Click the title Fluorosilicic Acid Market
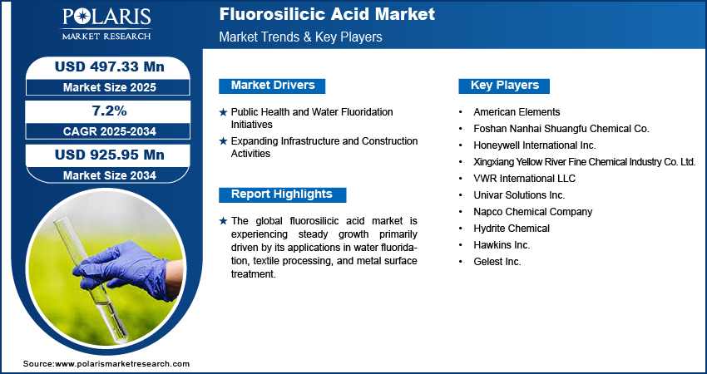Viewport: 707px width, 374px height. point(327,14)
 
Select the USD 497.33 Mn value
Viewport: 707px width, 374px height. point(110,66)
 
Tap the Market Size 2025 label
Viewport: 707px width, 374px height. point(110,87)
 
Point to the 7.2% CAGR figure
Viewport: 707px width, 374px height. point(110,111)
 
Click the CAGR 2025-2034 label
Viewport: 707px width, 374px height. point(110,131)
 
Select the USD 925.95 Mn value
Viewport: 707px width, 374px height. point(110,155)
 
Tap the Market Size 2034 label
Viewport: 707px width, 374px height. point(110,175)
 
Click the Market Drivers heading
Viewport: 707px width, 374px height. point(272,86)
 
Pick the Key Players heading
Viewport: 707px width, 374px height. point(504,86)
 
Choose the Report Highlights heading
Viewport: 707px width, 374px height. point(282,194)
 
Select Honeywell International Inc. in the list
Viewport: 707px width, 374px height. point(535,145)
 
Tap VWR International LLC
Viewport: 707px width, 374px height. point(524,179)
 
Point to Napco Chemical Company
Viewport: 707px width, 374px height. point(532,212)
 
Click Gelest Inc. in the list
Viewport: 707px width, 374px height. point(497,262)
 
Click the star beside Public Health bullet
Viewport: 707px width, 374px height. point(223,112)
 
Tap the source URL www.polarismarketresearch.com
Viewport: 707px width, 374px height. point(122,364)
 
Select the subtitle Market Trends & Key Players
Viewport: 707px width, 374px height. point(301,37)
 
